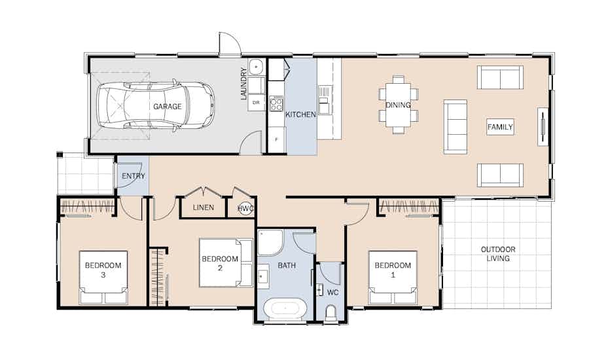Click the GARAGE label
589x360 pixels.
167,106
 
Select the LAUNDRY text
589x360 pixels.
244,83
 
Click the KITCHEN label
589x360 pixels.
300,115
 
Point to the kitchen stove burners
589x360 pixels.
276,103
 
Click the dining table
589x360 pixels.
398,105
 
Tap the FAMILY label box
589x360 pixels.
500,127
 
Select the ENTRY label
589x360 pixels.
134,176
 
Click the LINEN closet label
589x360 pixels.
204,207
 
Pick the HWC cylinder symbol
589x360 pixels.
245,209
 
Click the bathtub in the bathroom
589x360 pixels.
285,308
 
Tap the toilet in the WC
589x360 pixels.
330,314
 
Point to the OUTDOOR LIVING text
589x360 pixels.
498,254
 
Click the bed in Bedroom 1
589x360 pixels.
393,278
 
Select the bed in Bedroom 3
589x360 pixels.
103,278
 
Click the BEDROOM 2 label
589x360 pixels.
220,263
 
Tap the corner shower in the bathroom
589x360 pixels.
270,242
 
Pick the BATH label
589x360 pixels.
287,266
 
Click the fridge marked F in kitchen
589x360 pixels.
277,139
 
